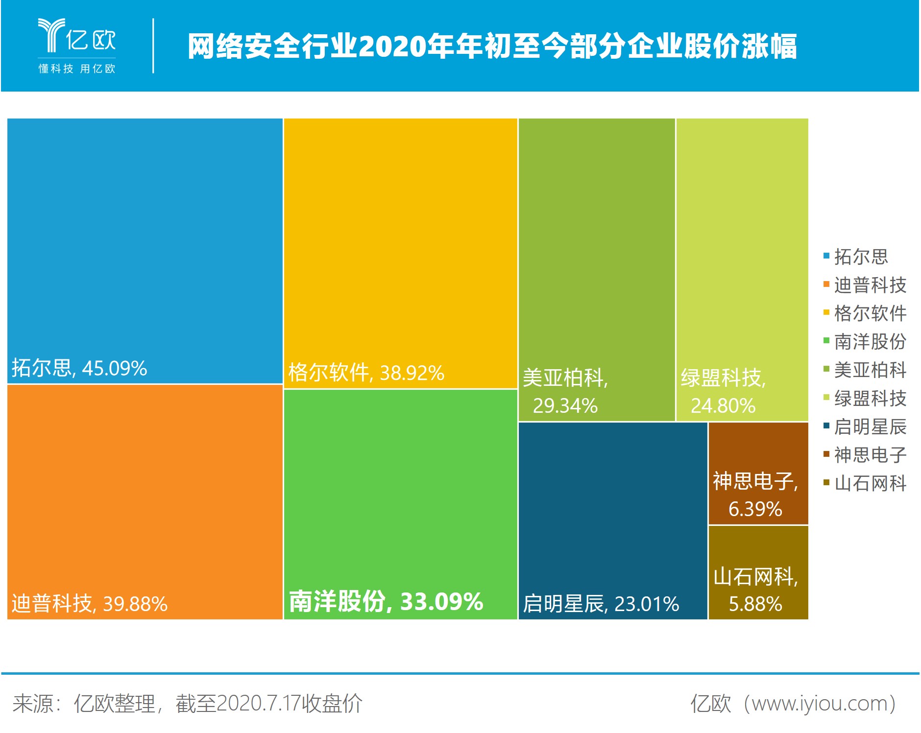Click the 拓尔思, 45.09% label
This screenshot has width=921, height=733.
tap(79, 368)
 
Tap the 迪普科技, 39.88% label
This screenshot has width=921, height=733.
tap(89, 604)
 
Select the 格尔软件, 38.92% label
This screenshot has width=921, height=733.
tap(366, 373)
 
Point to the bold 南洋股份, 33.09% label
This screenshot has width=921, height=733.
tap(386, 602)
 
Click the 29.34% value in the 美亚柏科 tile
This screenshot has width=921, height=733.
tap(565, 406)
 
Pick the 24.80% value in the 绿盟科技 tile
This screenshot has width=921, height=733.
tap(723, 406)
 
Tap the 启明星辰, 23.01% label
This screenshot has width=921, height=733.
tap(601, 604)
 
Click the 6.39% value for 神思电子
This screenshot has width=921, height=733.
tap(755, 509)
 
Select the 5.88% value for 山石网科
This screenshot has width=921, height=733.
tap(755, 604)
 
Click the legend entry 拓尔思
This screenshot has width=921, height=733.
tap(861, 257)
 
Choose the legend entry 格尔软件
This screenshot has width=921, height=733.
tap(870, 313)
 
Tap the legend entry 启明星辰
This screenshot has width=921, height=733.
tap(870, 427)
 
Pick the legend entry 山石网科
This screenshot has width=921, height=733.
tap(870, 484)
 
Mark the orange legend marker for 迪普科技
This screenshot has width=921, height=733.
tap(826, 284)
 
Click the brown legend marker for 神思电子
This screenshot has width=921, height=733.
tap(826, 454)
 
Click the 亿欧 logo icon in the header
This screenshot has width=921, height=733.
tap(51, 35)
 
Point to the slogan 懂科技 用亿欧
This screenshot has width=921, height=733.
tap(77, 69)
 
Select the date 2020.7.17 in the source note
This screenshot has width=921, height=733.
tap(258, 704)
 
